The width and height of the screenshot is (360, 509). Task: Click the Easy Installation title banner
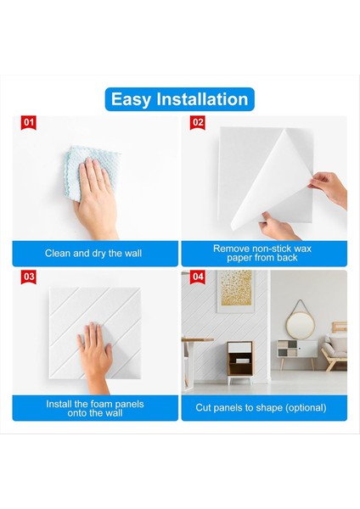[x=180, y=99]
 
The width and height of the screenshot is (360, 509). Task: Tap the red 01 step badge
[x=29, y=123]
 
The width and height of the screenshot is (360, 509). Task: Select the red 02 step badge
[x=198, y=123]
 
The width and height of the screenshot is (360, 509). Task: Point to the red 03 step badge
[x=29, y=277]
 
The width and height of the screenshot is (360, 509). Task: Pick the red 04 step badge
[x=198, y=277]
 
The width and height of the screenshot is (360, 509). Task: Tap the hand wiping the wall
[x=96, y=198]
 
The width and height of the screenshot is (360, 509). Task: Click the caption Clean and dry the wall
[x=93, y=253]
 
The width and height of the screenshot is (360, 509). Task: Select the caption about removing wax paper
[x=262, y=253]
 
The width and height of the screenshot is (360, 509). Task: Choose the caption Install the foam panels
[x=95, y=408]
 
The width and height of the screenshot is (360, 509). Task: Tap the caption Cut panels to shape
[x=261, y=408]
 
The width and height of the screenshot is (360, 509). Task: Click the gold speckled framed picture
[x=235, y=292]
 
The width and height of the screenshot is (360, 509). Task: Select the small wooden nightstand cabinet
[x=240, y=361]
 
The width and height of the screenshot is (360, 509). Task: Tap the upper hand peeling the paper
[x=329, y=190]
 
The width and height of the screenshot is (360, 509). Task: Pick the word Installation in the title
[x=202, y=99]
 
